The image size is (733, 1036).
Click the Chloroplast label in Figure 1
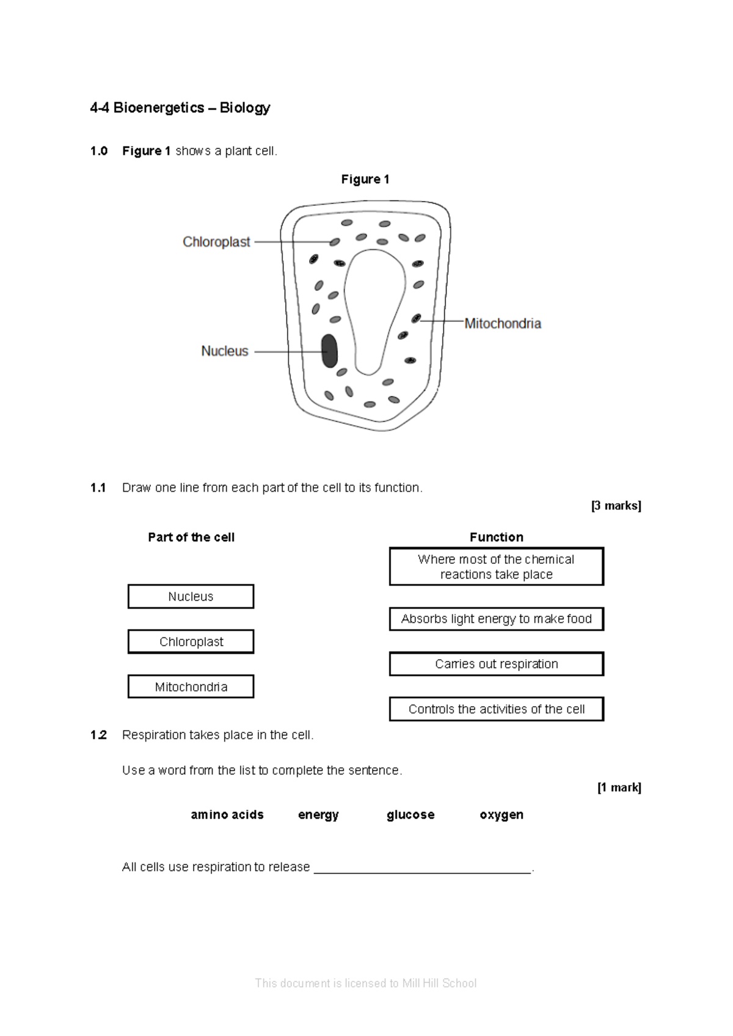point(216,243)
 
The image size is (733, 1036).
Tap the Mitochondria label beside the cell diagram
point(503,324)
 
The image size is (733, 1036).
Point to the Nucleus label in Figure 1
point(225,351)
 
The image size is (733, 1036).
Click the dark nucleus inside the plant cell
point(329,351)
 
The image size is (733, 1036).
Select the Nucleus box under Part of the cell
point(191,597)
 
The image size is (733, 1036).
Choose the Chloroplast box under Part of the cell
point(191,642)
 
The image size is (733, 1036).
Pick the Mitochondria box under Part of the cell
point(191,687)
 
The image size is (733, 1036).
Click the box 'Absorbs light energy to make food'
point(496,619)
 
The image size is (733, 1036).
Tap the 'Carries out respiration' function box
point(496,664)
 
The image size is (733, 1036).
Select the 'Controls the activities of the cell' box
point(496,709)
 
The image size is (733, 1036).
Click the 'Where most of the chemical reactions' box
point(496,567)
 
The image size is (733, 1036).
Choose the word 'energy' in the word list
point(318,815)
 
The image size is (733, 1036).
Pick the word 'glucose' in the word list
point(410,815)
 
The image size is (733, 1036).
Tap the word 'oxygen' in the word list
point(501,815)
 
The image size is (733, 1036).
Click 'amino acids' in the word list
point(227,815)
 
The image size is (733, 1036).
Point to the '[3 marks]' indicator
point(616,506)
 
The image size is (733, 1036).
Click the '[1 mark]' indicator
point(619,788)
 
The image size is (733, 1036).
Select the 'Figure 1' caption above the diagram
point(365,180)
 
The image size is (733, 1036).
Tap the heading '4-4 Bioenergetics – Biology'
point(180,108)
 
